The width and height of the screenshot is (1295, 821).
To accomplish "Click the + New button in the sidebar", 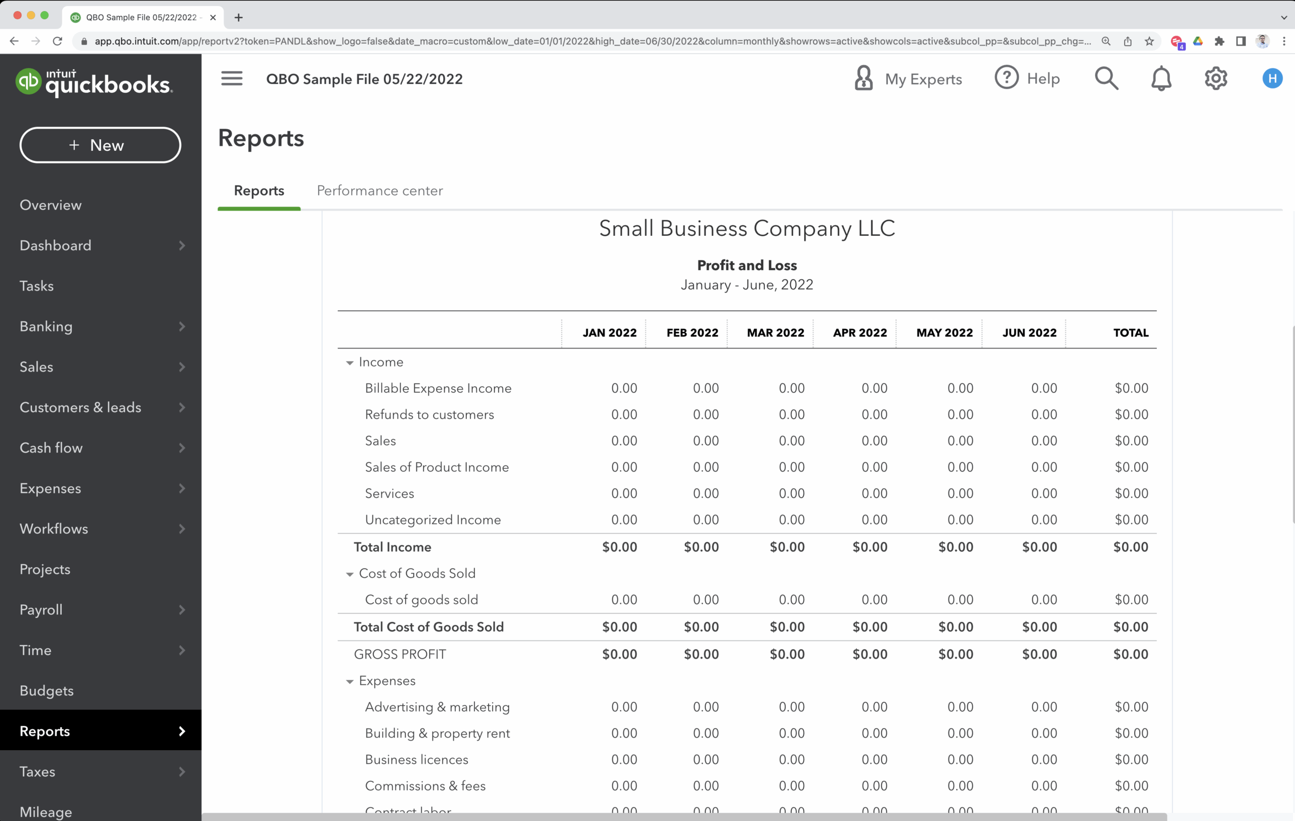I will (x=100, y=145).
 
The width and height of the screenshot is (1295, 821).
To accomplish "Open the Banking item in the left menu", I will (x=46, y=326).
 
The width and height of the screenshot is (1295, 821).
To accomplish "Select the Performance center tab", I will (x=380, y=190).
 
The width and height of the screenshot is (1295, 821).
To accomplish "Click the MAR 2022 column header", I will (x=775, y=333).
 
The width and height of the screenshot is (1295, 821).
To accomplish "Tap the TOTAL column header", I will (x=1131, y=333).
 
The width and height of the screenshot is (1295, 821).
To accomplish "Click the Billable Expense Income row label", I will (x=438, y=388).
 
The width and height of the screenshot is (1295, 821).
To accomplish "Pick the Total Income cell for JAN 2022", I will (x=619, y=547).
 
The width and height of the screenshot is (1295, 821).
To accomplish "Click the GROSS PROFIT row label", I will (x=400, y=654).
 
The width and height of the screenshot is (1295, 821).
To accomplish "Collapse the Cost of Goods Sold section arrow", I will (x=350, y=574).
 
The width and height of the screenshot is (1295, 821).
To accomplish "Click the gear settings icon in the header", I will (x=1216, y=79).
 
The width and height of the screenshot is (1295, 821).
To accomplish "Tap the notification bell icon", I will (x=1160, y=79).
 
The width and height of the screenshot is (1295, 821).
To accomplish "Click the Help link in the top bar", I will (x=1027, y=79).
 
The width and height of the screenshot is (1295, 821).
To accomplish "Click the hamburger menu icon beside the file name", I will (x=232, y=78).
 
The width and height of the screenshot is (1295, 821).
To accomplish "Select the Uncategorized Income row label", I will (x=433, y=520).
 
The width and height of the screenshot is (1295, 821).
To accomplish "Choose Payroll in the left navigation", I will (x=41, y=609).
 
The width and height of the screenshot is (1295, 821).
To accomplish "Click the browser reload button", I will (x=58, y=42).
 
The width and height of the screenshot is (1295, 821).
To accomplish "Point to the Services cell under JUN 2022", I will (x=1044, y=494).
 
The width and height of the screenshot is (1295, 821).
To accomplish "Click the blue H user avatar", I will (x=1272, y=78).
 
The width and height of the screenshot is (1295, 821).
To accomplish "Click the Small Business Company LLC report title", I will (x=747, y=229).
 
